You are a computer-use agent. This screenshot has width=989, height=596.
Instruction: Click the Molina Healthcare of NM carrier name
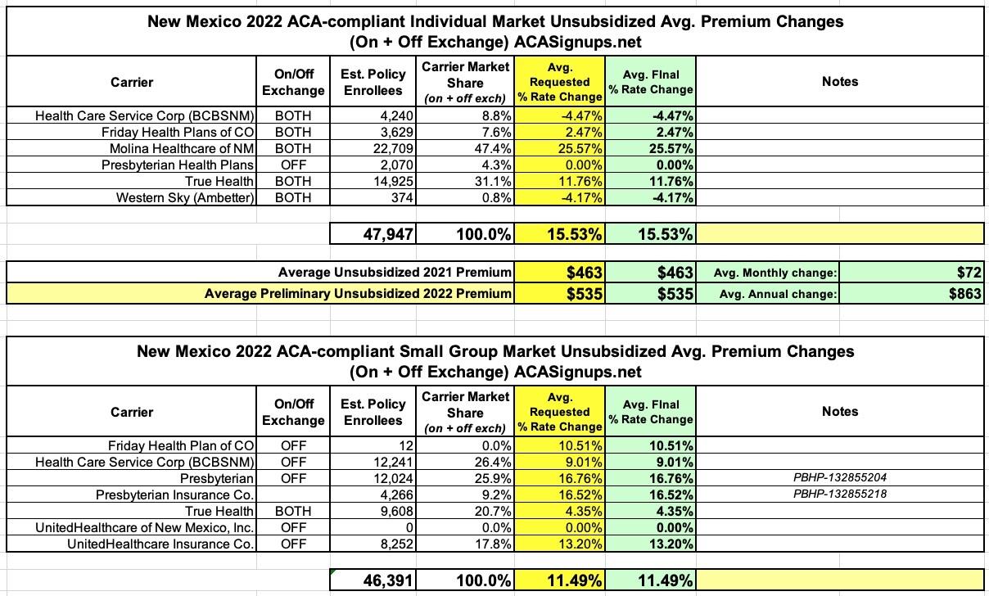[182, 148]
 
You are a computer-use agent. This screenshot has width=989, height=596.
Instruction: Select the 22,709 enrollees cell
[392, 148]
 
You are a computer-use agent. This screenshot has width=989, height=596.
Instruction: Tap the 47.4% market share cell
[490, 148]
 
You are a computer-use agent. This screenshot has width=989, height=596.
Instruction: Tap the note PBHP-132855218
[840, 494]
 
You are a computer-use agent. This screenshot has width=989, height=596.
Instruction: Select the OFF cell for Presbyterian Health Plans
[293, 165]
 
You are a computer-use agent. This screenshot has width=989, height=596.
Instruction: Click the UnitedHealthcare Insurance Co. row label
[161, 544]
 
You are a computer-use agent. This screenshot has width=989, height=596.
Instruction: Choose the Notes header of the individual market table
[840, 81]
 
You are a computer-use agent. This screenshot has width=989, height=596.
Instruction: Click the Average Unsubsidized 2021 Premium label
[395, 273]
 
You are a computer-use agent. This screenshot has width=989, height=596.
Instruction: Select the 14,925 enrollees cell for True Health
[392, 181]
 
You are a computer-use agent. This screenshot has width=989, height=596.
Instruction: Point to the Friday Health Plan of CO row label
[182, 445]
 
